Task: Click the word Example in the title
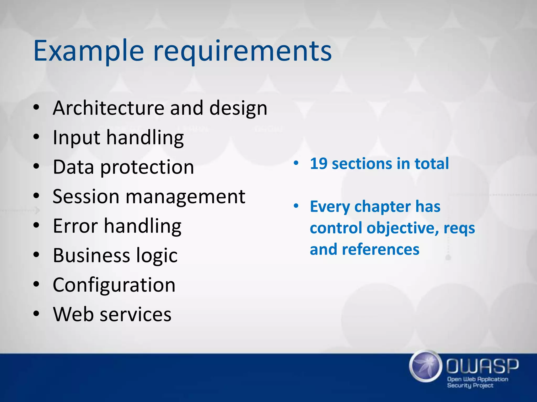pyautogui.click(x=89, y=51)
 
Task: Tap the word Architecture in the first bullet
pyautogui.click(x=108, y=108)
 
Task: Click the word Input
pyautogui.click(x=76, y=138)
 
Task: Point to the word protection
pyautogui.click(x=147, y=167)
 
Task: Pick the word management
pyautogui.click(x=185, y=197)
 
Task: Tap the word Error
pyautogui.click(x=75, y=226)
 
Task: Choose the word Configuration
pyautogui.click(x=114, y=285)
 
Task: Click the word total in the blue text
pyautogui.click(x=432, y=164)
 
